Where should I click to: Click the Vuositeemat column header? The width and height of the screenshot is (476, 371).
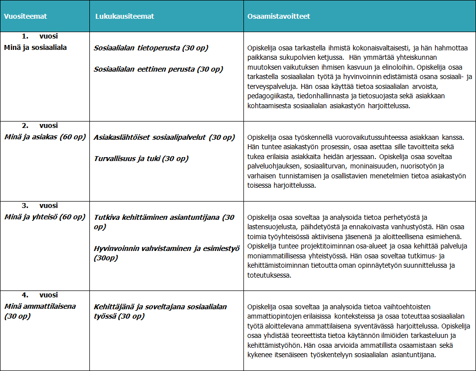pos(25,16)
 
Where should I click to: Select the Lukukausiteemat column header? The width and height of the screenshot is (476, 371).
pos(124,16)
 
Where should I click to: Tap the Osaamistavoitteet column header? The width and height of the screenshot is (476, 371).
pos(278,16)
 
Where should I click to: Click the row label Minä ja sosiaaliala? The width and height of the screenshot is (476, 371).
pos(35,47)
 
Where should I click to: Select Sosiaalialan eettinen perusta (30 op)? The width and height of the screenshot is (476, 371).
pos(158,69)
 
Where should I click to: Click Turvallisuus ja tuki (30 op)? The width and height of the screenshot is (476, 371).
pos(141,159)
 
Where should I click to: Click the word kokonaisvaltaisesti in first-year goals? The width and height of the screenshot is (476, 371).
pos(377,48)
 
